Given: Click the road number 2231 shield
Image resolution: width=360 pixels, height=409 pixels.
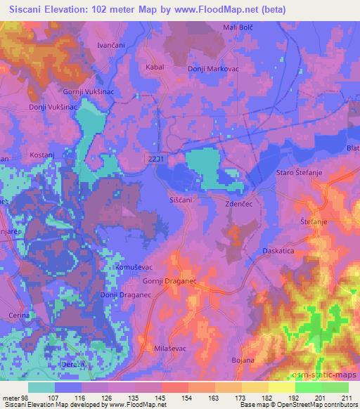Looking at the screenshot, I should tap(158, 160).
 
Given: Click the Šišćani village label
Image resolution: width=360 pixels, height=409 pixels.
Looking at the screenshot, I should tap(180, 200).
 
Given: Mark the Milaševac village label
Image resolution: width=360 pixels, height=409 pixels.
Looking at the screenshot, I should tap(171, 348).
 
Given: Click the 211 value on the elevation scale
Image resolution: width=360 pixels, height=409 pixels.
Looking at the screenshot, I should tap(346, 398).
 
